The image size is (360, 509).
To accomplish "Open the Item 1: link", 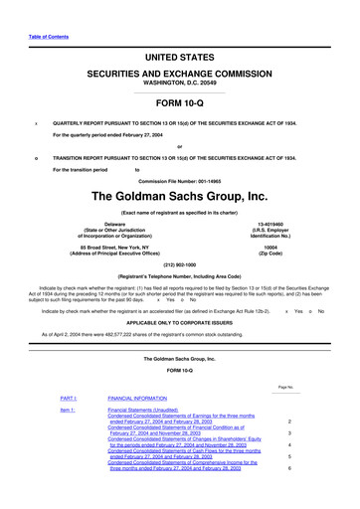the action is click(x=69, y=410).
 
